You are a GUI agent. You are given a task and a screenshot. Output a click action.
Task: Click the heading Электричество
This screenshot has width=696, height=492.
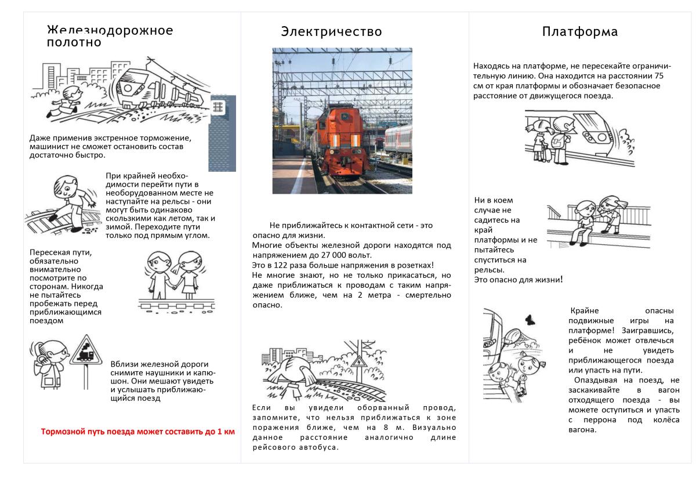point(331,31)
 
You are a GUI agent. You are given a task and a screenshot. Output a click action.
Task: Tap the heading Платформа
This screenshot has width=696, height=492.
point(579,31)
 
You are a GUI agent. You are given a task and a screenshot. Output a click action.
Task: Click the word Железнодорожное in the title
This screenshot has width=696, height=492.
point(110,30)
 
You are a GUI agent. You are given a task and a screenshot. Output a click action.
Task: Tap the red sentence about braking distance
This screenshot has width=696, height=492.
point(138,432)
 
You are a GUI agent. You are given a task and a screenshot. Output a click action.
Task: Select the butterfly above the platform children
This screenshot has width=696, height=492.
point(529,319)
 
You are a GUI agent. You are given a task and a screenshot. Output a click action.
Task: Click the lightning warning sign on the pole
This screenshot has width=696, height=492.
point(360,363)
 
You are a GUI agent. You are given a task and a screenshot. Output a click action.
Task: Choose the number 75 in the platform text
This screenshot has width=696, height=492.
point(658,76)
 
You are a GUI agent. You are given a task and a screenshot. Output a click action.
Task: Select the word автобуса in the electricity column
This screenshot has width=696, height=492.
point(317,448)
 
